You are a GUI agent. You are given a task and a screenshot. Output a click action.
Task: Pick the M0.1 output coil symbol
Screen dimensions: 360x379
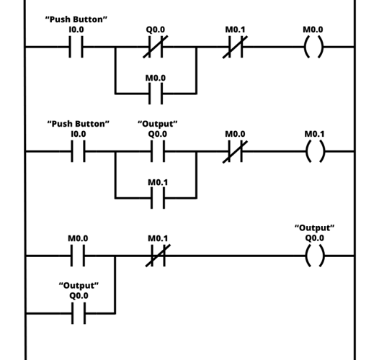314,152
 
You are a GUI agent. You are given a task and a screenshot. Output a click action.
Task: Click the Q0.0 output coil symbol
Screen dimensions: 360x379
314,255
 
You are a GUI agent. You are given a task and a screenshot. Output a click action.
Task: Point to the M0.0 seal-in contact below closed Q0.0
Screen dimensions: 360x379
156,94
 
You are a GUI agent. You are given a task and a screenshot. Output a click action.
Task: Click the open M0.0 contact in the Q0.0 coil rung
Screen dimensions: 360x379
78,255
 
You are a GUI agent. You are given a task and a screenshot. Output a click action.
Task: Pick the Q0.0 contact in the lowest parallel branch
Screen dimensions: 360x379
78,313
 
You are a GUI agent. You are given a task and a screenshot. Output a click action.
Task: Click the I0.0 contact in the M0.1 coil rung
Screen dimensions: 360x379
78,152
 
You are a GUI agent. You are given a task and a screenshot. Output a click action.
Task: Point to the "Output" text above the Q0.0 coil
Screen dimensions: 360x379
314,228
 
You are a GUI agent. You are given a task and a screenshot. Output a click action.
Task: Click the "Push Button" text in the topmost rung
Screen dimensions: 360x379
77,19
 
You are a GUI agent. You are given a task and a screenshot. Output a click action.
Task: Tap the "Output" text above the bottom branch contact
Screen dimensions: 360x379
79,286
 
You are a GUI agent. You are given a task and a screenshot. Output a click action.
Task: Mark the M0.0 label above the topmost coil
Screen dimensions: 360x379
313,30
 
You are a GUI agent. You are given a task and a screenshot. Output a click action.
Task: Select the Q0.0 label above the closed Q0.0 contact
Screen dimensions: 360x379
156,30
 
